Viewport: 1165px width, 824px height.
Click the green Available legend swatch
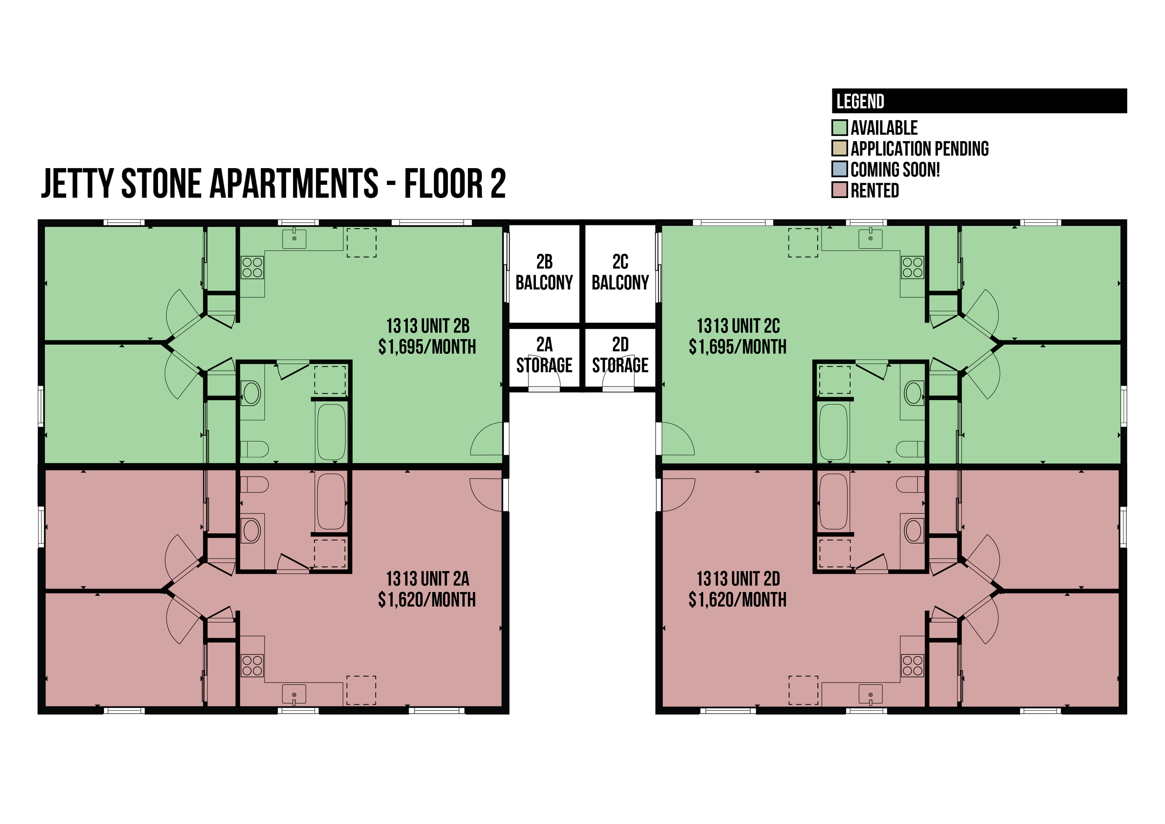coord(840,127)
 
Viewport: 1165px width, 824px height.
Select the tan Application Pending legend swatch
coord(840,148)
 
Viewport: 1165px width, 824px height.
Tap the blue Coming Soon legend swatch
coord(840,169)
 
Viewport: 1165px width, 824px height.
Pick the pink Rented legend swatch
coord(840,190)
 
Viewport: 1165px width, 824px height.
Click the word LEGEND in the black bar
coord(860,102)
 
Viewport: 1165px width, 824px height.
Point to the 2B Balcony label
coord(544,272)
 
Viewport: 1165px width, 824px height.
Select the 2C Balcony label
coord(620,272)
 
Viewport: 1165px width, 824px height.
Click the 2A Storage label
coord(544,355)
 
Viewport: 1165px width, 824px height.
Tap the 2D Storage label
coord(620,355)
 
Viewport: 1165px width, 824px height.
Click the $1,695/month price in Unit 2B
coord(427,347)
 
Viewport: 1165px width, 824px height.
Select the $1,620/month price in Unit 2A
coord(427,600)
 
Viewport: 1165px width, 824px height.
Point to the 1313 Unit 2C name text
coord(738,326)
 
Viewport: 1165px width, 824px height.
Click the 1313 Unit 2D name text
coord(738,579)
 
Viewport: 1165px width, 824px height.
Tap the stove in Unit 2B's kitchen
coord(252,267)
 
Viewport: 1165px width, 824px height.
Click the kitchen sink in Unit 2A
coord(295,694)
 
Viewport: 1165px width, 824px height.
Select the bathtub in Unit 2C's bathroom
coord(834,432)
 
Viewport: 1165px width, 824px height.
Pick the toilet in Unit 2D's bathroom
coord(910,484)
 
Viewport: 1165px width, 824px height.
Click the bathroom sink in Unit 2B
coord(251,393)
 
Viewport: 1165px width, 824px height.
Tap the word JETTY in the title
coord(77,183)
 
